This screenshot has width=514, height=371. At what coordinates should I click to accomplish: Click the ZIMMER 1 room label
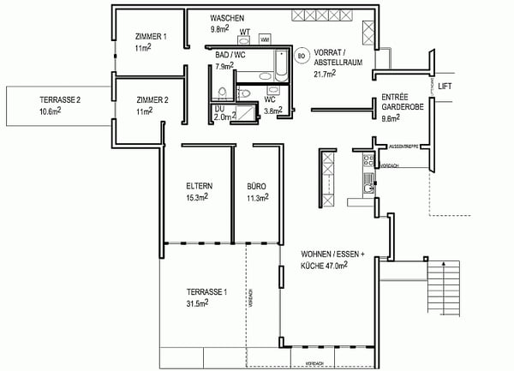pos(151,37)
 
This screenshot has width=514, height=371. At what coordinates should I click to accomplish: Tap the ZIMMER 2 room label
pos(151,99)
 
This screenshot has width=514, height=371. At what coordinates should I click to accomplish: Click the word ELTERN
pos(199,186)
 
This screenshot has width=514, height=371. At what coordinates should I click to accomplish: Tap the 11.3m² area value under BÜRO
pos(258,197)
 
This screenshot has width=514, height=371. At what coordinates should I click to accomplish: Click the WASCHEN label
pos(228,18)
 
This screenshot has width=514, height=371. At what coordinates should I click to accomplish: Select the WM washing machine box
pos(265,39)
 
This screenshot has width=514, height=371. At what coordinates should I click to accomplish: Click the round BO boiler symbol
pos(301,57)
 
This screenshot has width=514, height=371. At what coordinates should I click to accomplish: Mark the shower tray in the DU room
pos(248,113)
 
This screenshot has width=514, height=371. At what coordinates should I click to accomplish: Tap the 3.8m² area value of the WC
pos(273,111)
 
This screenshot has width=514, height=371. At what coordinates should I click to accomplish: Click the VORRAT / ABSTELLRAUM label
pos(337,57)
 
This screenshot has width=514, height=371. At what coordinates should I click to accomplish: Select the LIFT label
pos(445,87)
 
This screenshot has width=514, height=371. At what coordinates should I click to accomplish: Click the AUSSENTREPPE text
pos(403,147)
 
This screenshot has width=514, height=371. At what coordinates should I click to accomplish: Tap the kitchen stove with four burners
pos(368,160)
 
